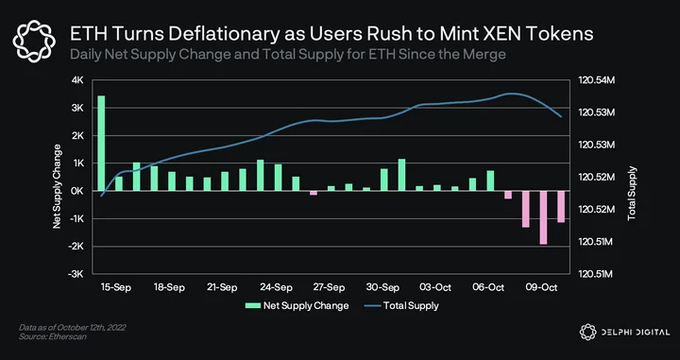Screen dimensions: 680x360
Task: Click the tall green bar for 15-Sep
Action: pyautogui.click(x=101, y=143)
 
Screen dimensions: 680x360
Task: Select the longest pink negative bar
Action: pyautogui.click(x=543, y=217)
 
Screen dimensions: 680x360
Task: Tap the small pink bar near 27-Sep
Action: pyautogui.click(x=314, y=193)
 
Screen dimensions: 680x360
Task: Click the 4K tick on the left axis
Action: pyautogui.click(x=77, y=80)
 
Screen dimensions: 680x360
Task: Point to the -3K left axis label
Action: pyautogui.click(x=76, y=274)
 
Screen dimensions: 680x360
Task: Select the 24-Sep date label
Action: pyautogui.click(x=276, y=287)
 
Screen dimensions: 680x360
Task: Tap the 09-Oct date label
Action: pyautogui.click(x=541, y=287)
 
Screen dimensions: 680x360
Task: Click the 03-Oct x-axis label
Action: pyautogui.click(x=435, y=287)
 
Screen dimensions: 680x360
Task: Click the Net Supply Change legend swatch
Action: pyautogui.click(x=253, y=305)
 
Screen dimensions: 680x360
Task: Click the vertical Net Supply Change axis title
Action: pyautogui.click(x=57, y=186)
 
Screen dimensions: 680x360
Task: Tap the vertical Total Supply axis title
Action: pyautogui.click(x=632, y=193)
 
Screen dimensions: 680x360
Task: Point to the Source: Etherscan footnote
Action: pyautogui.click(x=53, y=336)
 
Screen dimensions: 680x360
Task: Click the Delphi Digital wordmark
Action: pyautogui.click(x=636, y=333)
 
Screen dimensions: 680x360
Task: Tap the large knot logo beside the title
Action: pyautogui.click(x=34, y=41)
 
